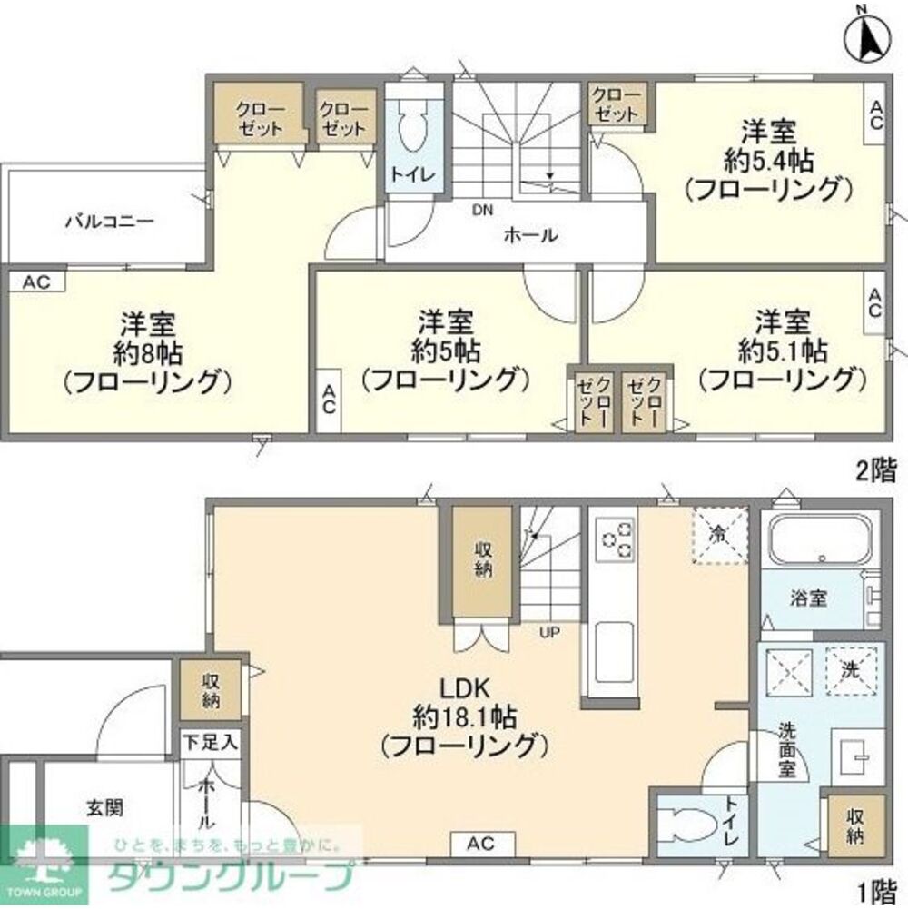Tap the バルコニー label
pos(107,221)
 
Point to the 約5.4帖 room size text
pos(768,161)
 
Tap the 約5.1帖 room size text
pos(782,349)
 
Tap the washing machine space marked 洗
pos(852,673)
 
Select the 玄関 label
pos(106,806)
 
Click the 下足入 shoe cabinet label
pos(210,743)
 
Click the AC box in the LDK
pos(482,845)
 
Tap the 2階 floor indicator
pos(875,470)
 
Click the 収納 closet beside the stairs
pos(481,559)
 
